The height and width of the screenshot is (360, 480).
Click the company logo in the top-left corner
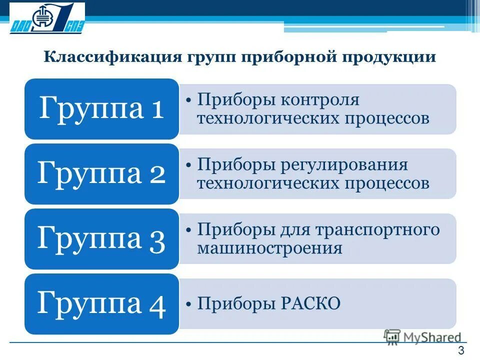pos(47,18)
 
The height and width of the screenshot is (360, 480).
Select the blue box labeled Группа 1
pos(101,108)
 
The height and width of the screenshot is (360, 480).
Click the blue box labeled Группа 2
pos(101,173)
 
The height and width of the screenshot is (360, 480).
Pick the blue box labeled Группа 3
pos(101,238)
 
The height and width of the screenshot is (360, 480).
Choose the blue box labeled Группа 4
pos(101,303)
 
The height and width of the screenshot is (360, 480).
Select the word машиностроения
pos(270,247)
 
